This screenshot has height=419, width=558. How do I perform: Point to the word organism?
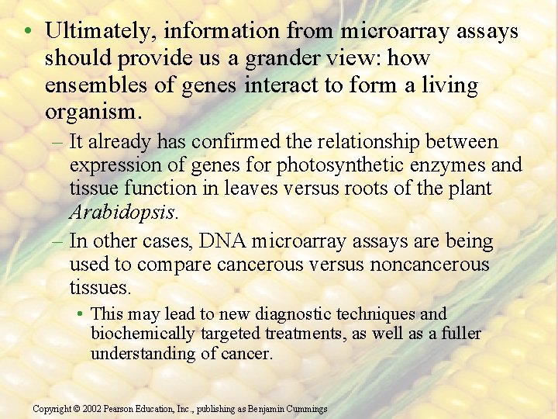(91, 113)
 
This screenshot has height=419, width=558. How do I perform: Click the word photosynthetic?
(322, 165)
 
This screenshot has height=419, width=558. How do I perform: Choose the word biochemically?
(143, 334)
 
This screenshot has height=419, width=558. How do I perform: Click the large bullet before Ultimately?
(27, 32)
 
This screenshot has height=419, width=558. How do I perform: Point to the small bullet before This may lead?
(81, 314)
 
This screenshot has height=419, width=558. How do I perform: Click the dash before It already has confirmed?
(57, 142)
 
